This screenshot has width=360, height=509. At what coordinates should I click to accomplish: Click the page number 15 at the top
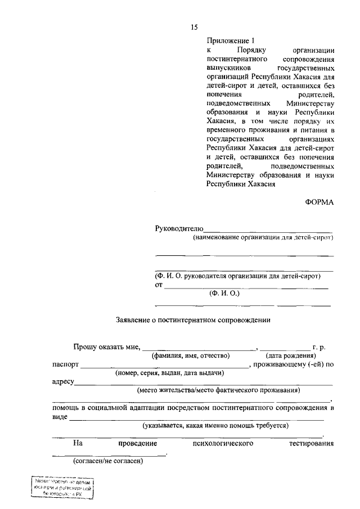194,26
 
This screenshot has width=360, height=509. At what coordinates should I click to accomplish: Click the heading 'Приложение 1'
231,40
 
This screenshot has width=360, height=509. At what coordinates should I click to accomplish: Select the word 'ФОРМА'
319,204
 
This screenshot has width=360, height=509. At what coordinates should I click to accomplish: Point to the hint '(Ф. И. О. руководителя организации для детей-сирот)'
238,276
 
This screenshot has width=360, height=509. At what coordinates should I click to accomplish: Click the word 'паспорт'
65,364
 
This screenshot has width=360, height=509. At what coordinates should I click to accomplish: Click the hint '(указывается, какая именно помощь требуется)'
215,425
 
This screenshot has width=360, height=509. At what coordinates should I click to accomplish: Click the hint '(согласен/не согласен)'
108,462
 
